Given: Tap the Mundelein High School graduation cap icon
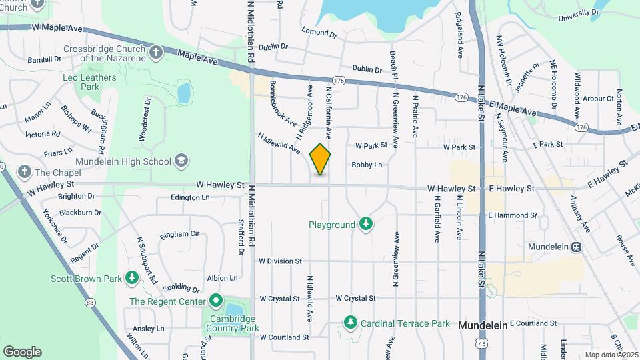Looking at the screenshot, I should [181, 161].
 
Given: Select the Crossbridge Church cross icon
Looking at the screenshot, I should [155, 51].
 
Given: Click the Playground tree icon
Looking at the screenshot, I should [365, 224].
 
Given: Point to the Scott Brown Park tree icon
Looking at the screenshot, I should [132, 277].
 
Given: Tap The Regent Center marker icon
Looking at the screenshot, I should [215, 301].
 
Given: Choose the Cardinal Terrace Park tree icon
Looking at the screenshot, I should [351, 323].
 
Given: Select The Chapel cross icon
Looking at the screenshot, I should [25, 172].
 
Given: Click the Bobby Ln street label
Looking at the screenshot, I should [367, 165].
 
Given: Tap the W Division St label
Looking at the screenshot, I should [281, 261].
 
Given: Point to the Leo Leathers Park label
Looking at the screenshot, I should [89, 82].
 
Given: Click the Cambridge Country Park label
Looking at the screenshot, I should [231, 323].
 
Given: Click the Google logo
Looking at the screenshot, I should [22, 351].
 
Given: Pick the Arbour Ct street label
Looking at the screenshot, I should [598, 98].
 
